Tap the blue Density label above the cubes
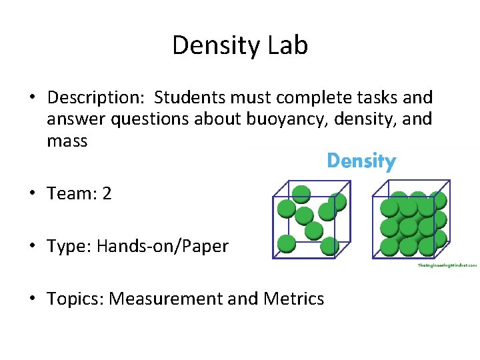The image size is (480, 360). pos(361,161)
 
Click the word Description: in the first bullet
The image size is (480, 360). pos(96,98)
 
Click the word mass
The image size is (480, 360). pos(67,141)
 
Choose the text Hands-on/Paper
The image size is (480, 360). pos(162,246)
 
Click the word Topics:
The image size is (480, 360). pos(75,298)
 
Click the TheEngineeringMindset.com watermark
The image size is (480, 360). pos(447,265)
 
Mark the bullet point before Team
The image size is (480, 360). pos(32,194)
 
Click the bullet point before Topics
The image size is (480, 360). pos(32,298)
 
